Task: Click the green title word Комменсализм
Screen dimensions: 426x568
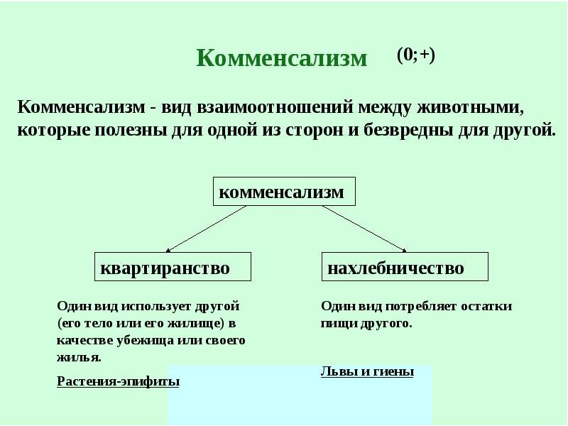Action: click(282, 58)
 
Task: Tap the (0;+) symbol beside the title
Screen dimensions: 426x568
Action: click(416, 56)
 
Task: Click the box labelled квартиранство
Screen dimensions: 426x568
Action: click(173, 267)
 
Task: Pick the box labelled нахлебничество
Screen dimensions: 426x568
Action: click(405, 267)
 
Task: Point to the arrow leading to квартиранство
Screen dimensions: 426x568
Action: click(206, 229)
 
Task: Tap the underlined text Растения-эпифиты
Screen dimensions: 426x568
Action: click(118, 381)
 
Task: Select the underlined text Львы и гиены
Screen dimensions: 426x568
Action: click(367, 371)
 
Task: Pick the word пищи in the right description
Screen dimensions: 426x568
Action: click(336, 323)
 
